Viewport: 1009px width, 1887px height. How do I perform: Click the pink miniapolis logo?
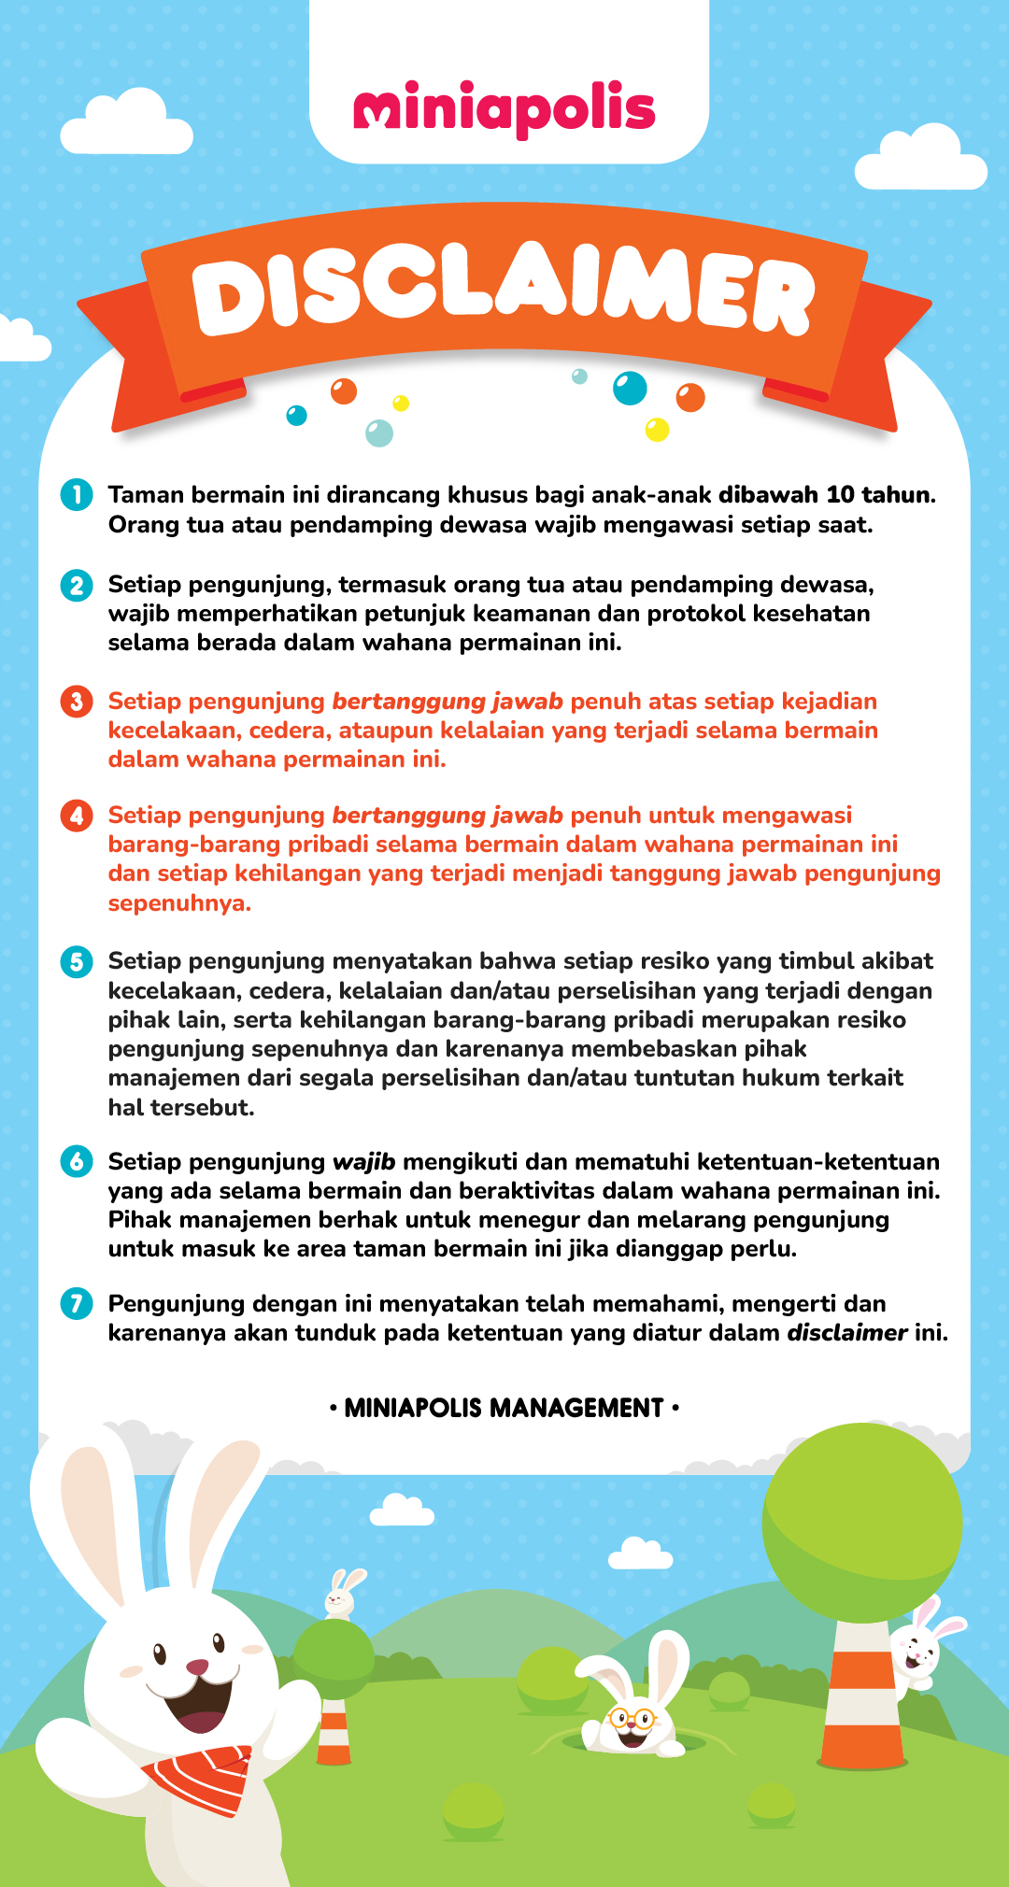(504, 110)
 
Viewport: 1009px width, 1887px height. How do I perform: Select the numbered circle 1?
(77, 494)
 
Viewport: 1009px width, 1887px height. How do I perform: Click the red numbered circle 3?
(77, 701)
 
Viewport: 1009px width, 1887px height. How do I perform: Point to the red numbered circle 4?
(77, 816)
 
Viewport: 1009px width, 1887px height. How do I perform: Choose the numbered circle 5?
(77, 961)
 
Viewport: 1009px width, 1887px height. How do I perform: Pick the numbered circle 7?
(77, 1303)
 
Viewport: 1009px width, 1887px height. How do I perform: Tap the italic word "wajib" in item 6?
(363, 1162)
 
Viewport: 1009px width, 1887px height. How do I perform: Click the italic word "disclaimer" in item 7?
(846, 1333)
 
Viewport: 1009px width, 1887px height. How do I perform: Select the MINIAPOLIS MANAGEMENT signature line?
(504, 1408)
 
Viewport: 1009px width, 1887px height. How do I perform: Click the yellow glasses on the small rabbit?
(632, 1717)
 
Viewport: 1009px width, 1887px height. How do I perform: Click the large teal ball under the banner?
(630, 388)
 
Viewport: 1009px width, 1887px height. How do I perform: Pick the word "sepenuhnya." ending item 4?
(179, 903)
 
